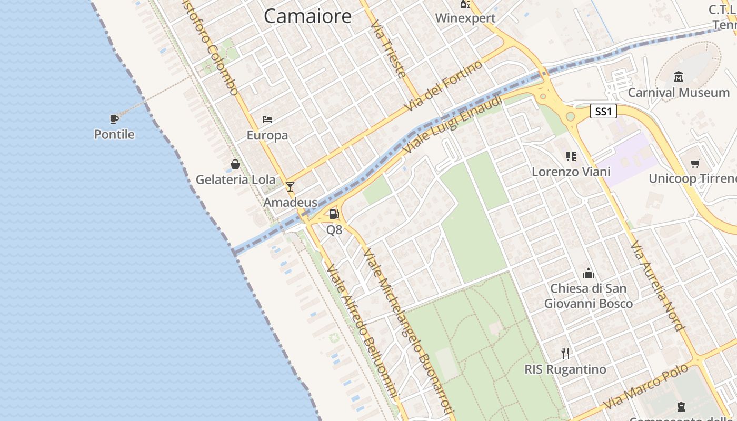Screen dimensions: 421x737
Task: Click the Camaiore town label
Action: [x=307, y=16]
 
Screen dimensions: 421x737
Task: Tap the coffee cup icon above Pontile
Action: [x=114, y=119]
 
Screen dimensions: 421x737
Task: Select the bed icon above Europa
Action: [x=267, y=119]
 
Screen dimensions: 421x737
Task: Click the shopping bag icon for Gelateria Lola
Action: [x=235, y=164]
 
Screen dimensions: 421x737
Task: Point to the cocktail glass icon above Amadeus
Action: [x=290, y=187]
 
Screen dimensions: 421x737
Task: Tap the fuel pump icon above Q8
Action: [x=334, y=214]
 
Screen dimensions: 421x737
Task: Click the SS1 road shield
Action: [x=603, y=112]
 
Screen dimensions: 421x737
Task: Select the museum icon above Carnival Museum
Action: [x=679, y=77]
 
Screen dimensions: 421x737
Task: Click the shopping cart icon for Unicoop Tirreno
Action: [x=695, y=163]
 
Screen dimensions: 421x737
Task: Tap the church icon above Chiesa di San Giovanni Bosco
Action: [x=589, y=273]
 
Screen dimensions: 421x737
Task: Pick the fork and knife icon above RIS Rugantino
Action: [x=565, y=353]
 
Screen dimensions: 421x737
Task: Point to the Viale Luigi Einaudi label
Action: [x=453, y=127]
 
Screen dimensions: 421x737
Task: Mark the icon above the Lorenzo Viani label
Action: [x=571, y=156]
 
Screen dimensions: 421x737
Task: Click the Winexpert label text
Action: [x=465, y=18]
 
